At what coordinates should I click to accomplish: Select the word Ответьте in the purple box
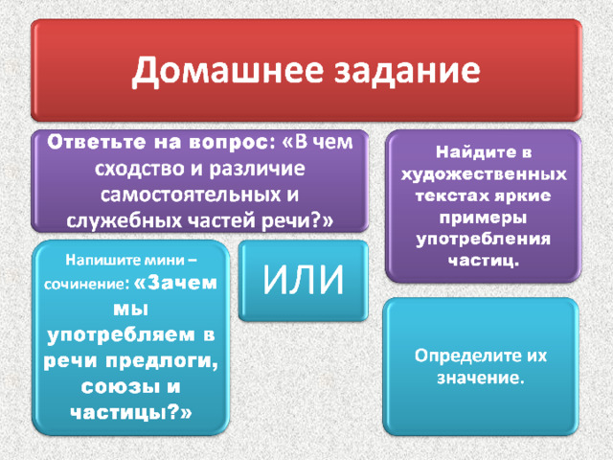(x=97, y=142)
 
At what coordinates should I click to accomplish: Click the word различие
(x=257, y=169)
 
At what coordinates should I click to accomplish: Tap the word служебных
(x=124, y=221)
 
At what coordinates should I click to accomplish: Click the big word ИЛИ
(x=303, y=279)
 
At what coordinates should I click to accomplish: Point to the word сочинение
(x=86, y=284)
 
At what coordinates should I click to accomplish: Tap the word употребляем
(x=122, y=335)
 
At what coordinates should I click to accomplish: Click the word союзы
(x=121, y=387)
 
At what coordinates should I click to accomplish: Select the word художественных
(x=484, y=174)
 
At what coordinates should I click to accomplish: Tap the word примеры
(x=483, y=218)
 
